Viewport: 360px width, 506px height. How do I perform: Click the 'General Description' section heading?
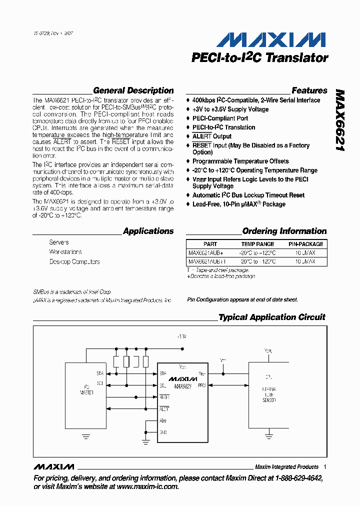pos(133,90)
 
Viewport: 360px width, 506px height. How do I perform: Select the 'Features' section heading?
pos(309,90)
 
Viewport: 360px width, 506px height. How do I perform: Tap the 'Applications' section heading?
pos(148,231)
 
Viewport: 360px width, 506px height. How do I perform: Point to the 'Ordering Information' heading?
pos(284,231)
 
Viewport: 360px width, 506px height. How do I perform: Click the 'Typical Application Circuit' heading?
pos(271,317)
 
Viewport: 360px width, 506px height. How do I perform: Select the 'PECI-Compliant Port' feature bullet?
pos(220,118)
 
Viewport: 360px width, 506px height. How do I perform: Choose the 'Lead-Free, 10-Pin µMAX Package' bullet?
pos(238,204)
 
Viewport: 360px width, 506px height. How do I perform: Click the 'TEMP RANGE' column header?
pos(257,244)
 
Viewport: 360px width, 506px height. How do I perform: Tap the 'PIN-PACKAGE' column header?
pos(305,244)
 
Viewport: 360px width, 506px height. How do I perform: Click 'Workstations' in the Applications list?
pos(65,252)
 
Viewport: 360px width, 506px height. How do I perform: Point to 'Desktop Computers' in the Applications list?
pos(74,261)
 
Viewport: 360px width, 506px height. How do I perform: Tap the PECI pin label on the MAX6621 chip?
pos(201,385)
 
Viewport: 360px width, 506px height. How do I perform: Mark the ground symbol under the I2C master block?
pos(85,436)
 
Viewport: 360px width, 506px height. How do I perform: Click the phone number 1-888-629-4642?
pos(298,478)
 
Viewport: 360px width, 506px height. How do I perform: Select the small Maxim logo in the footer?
pos(53,466)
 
